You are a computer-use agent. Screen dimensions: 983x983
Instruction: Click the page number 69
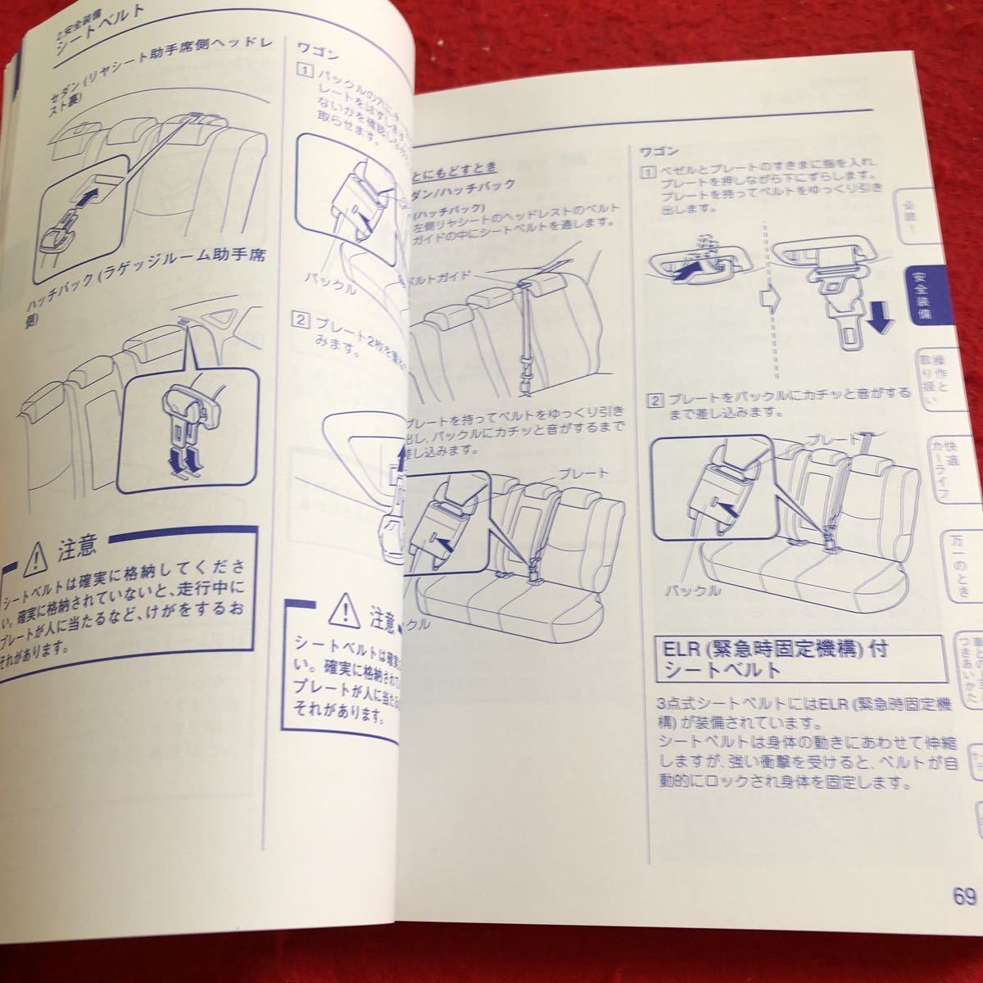click(964, 895)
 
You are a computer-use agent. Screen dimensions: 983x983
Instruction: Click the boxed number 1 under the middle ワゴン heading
click(304, 71)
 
